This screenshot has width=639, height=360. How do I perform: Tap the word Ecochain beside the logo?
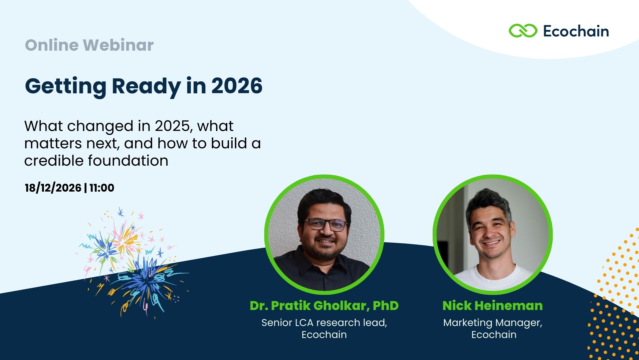576,31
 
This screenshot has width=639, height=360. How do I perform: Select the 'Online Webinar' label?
89,45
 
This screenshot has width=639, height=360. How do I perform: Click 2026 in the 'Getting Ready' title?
237,86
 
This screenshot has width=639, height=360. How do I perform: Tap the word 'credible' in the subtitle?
54,161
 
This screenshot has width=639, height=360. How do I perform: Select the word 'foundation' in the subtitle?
128,161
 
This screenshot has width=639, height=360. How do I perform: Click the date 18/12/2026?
53,188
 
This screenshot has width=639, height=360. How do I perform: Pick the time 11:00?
102,188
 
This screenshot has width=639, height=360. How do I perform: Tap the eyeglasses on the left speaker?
325,224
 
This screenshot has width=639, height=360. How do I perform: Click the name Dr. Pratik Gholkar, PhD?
324,306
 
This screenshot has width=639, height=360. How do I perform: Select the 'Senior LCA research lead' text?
324,323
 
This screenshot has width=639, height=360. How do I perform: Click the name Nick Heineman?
493,306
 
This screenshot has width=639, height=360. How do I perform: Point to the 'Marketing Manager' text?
493,323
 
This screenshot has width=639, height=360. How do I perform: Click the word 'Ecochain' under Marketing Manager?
494,335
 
